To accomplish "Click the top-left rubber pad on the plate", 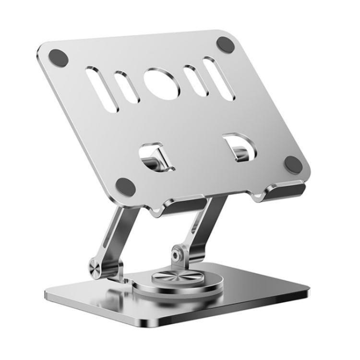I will click(x=58, y=58).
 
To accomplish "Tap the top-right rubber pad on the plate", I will click(x=226, y=44).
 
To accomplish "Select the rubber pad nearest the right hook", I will click(x=293, y=164).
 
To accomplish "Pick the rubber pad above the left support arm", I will click(x=126, y=186).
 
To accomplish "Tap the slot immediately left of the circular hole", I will click(x=126, y=86).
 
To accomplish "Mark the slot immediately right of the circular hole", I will click(x=195, y=80).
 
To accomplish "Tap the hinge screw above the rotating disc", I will click(x=178, y=255).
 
